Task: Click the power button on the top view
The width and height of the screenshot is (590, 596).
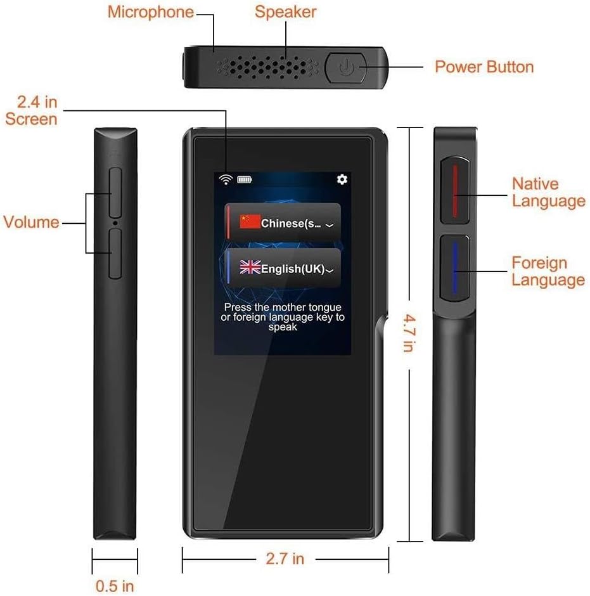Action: [x=345, y=67]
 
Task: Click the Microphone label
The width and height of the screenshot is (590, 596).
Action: [x=150, y=11]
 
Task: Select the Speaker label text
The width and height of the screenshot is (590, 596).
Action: [x=285, y=11]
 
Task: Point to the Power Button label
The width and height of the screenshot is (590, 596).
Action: [x=484, y=67]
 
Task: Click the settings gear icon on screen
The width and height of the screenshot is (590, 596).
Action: [x=342, y=179]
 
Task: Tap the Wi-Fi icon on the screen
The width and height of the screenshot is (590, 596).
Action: [x=225, y=179]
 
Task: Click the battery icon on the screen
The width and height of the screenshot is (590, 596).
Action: [x=244, y=179]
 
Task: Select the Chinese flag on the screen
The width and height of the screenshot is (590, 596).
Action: [x=250, y=221]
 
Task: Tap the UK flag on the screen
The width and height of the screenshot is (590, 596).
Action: [x=250, y=268]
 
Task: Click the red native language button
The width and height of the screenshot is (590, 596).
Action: [x=454, y=190]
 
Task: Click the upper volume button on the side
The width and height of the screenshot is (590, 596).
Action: [x=115, y=193]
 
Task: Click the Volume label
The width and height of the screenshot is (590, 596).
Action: [x=31, y=222]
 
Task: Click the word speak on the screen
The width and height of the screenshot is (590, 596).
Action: [x=283, y=327]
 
